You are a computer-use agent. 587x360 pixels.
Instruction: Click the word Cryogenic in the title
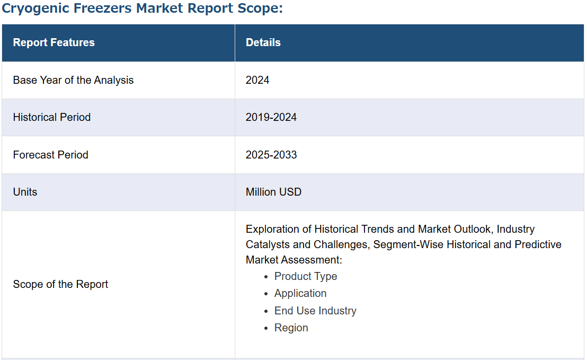point(35,8)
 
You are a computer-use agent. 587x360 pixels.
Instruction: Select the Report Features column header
point(54,43)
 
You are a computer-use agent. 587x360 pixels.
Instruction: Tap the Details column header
point(263,43)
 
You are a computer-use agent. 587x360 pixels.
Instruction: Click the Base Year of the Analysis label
point(73,80)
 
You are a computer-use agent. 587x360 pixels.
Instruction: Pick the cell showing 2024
point(257,80)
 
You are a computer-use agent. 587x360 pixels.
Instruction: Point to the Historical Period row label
point(52,117)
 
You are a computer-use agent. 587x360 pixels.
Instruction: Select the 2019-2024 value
point(271,117)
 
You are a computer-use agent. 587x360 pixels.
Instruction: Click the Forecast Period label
point(50,155)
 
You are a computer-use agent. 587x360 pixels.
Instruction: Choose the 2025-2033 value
point(271,155)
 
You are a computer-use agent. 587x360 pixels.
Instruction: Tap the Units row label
point(25,192)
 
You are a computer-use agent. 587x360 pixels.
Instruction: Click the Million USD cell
point(274,192)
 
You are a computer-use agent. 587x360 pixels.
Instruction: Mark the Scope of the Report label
point(60,284)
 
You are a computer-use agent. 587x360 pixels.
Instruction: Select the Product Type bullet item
point(306,276)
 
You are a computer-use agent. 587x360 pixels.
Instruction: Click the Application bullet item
point(300,293)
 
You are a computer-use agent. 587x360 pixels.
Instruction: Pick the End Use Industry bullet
point(315,311)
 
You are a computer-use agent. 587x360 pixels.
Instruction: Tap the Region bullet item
point(291,328)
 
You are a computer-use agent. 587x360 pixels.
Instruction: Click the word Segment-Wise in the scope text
point(408,244)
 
